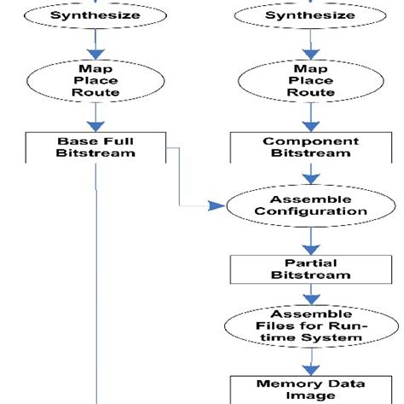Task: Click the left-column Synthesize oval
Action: [95, 16]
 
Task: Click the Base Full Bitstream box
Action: [95, 147]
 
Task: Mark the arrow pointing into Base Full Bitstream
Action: [95, 120]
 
